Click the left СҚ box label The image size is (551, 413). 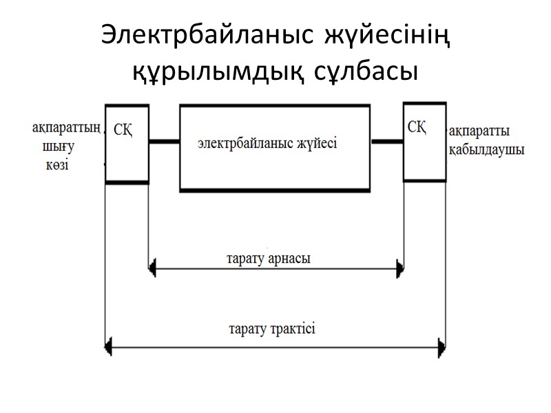click(x=123, y=131)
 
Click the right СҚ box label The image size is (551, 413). click(x=420, y=127)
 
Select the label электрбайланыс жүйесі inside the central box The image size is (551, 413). click(x=267, y=144)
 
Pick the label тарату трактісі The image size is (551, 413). click(x=271, y=328)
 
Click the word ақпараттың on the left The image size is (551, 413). click(x=67, y=128)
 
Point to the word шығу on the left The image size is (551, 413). click(x=59, y=147)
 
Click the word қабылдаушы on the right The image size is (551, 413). click(x=486, y=150)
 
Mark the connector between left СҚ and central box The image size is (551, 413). click(x=164, y=142)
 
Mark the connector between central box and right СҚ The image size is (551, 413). click(x=388, y=141)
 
